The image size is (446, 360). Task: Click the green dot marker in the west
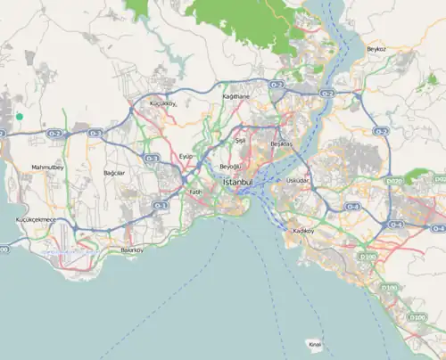(19, 116)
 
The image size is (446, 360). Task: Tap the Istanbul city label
(236, 183)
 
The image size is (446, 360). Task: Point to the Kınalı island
(313, 343)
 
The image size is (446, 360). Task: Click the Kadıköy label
(304, 232)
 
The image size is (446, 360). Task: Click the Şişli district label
(239, 141)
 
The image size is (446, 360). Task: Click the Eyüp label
(186, 156)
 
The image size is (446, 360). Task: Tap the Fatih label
(196, 192)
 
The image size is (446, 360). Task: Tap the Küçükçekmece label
(36, 219)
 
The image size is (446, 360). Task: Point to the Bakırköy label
(132, 250)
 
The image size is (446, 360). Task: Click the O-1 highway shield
(161, 205)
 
